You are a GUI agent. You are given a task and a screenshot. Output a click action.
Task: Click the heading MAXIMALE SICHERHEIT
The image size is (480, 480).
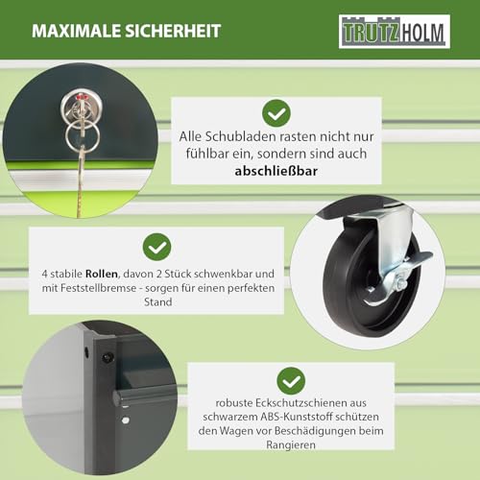[x=126, y=31]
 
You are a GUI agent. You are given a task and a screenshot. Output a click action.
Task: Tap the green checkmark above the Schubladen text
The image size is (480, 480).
[x=276, y=114]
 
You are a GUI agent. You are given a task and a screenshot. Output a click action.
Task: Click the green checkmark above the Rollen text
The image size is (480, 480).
[x=156, y=249]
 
